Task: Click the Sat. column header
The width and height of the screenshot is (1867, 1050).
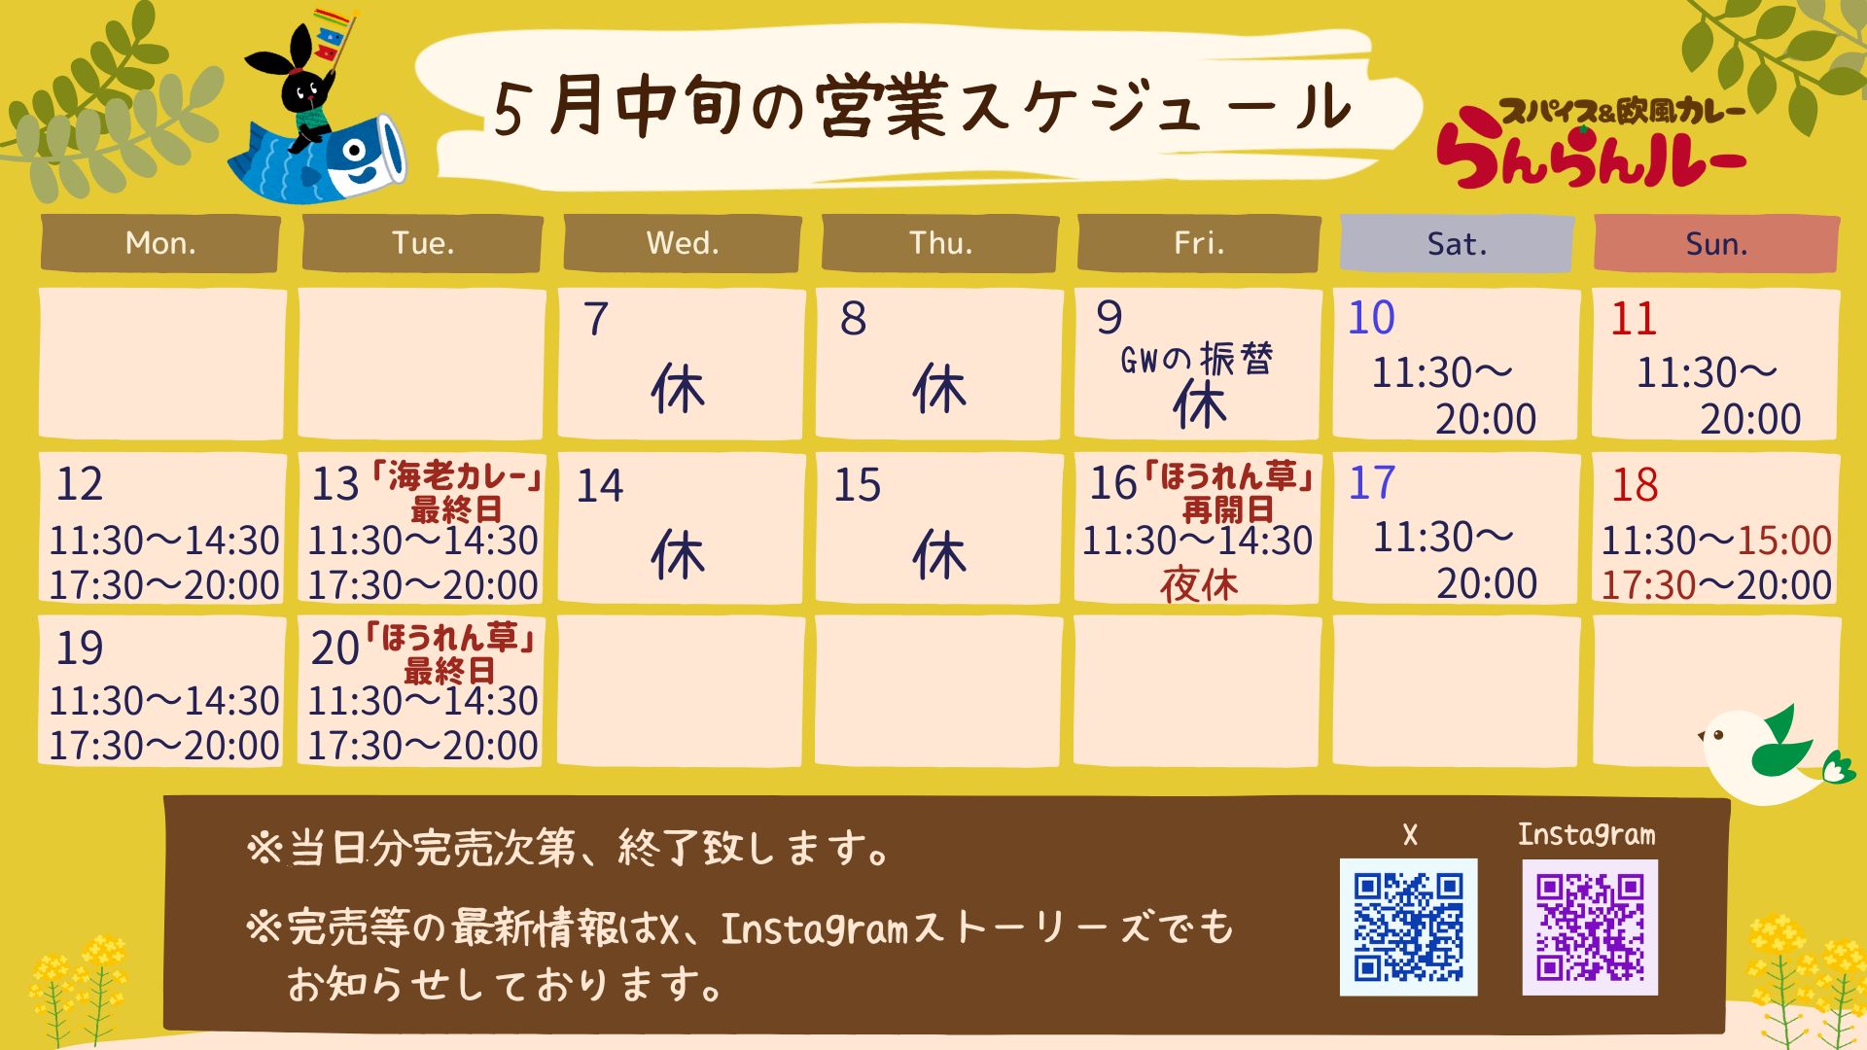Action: pyautogui.click(x=1456, y=243)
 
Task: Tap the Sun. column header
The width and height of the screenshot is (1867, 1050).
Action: pyautogui.click(x=1716, y=243)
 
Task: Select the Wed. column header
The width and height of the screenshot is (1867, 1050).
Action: pyautogui.click(x=683, y=243)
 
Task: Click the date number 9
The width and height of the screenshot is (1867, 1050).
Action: pyautogui.click(x=1109, y=318)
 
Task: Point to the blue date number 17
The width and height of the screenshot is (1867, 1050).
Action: pyautogui.click(x=1372, y=483)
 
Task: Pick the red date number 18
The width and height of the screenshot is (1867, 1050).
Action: pyautogui.click(x=1635, y=485)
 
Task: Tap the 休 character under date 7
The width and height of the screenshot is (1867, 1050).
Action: pyautogui.click(x=678, y=389)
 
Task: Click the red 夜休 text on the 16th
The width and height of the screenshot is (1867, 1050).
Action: pyautogui.click(x=1199, y=585)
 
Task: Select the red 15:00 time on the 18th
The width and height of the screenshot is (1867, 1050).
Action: pyautogui.click(x=1784, y=540)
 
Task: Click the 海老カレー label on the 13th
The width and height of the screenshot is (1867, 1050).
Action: pyautogui.click(x=456, y=475)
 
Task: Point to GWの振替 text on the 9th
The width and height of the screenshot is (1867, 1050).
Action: pyautogui.click(x=1197, y=360)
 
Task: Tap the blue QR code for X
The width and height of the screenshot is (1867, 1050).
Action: pyautogui.click(x=1408, y=927)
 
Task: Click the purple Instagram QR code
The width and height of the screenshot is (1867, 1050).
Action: pyautogui.click(x=1590, y=927)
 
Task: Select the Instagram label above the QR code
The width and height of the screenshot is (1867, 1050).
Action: pyautogui.click(x=1586, y=834)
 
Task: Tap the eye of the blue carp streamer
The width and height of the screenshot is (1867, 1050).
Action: pyautogui.click(x=353, y=151)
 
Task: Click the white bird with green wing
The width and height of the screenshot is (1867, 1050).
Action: pyautogui.click(x=1776, y=754)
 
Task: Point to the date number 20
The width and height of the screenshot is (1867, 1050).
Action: pyautogui.click(x=335, y=648)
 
